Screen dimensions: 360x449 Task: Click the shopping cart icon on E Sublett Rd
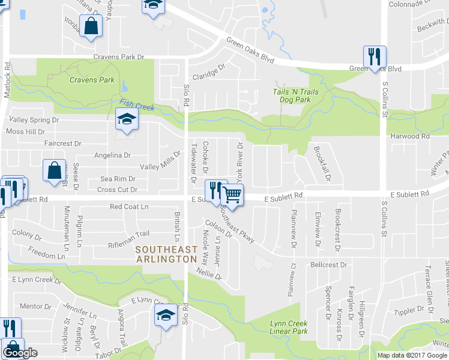tap(232, 193)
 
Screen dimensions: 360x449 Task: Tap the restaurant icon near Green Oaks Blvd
tap(374, 57)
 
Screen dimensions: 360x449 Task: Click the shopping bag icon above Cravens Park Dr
tap(91, 27)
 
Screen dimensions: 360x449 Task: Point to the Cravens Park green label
tap(92, 79)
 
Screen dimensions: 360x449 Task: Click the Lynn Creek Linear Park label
tap(288, 328)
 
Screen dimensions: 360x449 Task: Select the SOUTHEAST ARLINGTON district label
tap(166, 254)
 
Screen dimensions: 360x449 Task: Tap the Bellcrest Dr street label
tap(329, 265)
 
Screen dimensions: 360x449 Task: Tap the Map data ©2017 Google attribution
tap(411, 355)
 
